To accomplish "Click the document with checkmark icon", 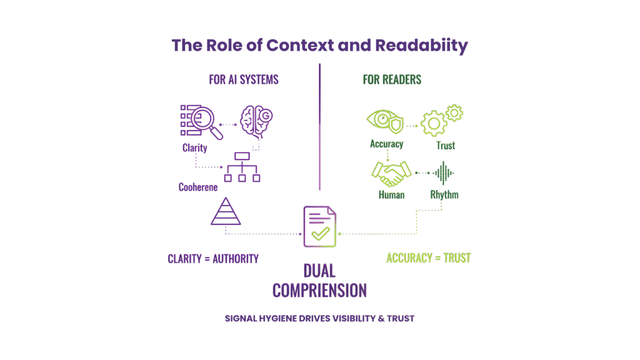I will click(x=319, y=226).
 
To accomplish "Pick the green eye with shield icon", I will click(x=386, y=121).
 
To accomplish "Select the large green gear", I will click(x=434, y=123).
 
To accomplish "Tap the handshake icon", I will click(x=391, y=173).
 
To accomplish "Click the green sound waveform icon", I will click(x=444, y=173).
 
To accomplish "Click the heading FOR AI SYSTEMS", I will click(x=244, y=80).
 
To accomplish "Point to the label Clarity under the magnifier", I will click(x=195, y=148).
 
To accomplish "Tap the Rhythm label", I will click(x=444, y=194).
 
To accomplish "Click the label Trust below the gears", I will click(x=445, y=145).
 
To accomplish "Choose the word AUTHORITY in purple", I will click(x=233, y=259).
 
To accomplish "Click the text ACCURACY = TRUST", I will click(x=429, y=257).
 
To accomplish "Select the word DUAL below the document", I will click(x=319, y=271).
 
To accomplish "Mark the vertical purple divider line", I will click(x=319, y=125).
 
